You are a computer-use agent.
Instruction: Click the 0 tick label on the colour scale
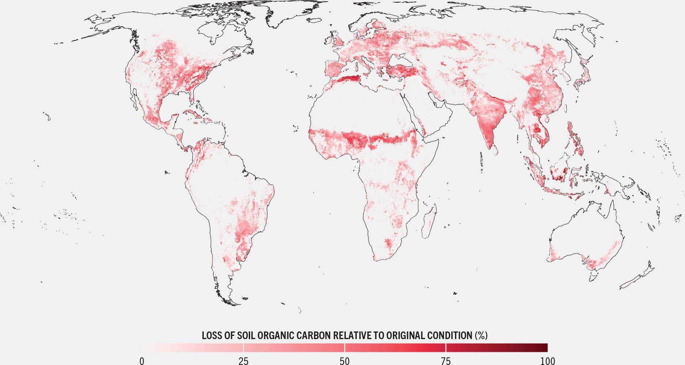[142, 361]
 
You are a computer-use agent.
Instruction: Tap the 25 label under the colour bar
[244, 361]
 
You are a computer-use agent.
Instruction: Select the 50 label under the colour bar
[345, 361]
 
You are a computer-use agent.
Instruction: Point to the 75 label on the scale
[446, 361]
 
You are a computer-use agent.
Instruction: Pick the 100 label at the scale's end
[547, 361]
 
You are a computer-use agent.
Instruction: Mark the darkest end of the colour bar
[546, 347]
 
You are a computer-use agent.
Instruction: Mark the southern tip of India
[489, 147]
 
